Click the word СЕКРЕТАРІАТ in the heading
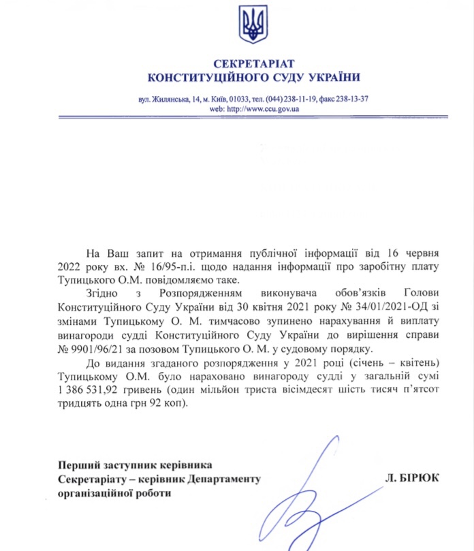click(x=253, y=64)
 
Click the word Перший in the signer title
click(x=77, y=465)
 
